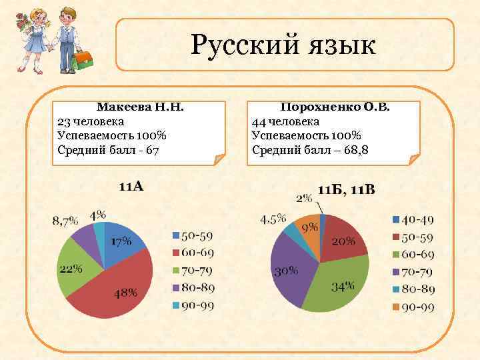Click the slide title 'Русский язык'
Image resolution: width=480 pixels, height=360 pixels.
click(x=283, y=45)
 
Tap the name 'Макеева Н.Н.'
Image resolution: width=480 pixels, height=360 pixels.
click(x=140, y=107)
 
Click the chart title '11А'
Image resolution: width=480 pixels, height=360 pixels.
click(x=131, y=186)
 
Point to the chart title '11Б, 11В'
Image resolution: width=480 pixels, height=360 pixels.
click(x=346, y=190)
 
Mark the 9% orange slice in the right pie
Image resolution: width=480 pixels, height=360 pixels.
click(x=309, y=228)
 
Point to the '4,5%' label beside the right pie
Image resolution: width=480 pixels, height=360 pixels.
click(x=273, y=219)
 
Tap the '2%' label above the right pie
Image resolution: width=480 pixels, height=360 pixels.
click(x=304, y=197)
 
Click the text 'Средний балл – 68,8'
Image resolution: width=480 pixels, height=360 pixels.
click(x=310, y=149)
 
